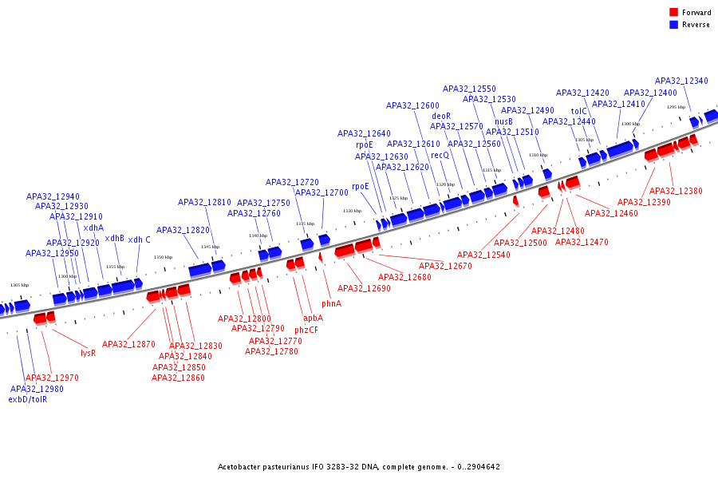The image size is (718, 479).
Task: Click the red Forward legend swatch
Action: click(674, 12)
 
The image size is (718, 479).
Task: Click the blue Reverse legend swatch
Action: click(674, 25)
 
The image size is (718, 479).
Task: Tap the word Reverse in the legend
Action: click(696, 25)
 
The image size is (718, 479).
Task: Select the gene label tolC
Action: click(578, 111)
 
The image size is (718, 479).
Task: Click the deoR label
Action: click(441, 116)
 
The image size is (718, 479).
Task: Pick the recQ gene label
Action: click(440, 154)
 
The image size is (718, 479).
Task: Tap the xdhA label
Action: click(93, 228)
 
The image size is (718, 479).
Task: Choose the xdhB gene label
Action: click(115, 238)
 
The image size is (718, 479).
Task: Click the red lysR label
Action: click(88, 353)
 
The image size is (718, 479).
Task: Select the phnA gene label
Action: click(331, 304)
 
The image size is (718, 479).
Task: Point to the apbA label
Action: click(313, 318)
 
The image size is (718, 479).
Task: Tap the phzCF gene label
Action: click(306, 330)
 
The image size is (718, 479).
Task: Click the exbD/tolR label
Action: click(28, 399)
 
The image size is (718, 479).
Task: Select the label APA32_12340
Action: click(681, 81)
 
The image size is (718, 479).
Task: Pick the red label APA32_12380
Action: click(676, 191)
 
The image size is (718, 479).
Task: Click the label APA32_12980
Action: click(37, 389)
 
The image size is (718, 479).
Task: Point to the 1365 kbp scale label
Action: click(19, 285)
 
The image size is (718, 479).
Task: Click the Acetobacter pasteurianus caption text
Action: click(358, 467)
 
